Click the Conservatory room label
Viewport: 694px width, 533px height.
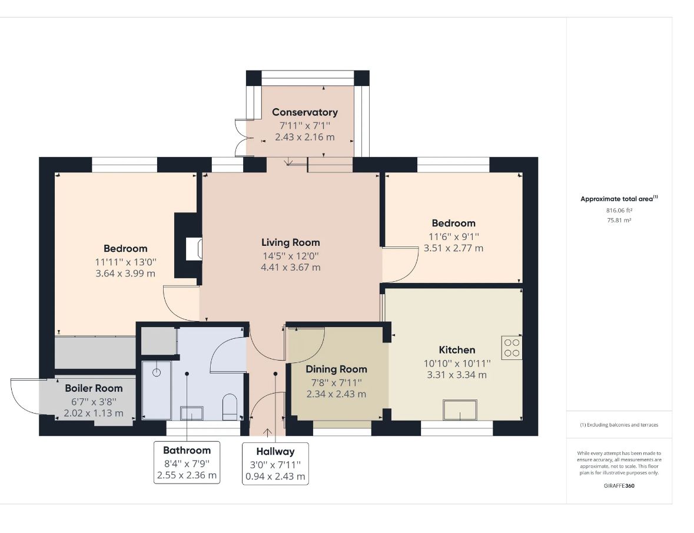click(x=304, y=112)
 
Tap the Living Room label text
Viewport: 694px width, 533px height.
click(x=290, y=242)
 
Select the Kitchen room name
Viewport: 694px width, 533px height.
click(x=457, y=350)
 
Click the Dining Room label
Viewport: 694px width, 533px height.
click(x=336, y=369)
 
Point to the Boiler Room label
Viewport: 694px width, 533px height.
click(x=94, y=388)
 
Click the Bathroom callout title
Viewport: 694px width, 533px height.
click(x=187, y=450)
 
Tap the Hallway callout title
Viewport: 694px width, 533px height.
click(x=275, y=452)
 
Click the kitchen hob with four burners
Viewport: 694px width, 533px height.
click(x=512, y=348)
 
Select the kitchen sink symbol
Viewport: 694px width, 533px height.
click(x=460, y=410)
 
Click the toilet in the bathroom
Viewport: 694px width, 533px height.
click(x=230, y=407)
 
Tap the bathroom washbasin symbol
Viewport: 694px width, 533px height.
click(x=192, y=413)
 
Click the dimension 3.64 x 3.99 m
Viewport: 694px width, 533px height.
click(x=125, y=274)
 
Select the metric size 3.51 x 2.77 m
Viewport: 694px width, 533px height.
click(x=454, y=248)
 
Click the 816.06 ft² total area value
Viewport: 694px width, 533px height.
click(x=619, y=211)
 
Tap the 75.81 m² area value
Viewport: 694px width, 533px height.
click(x=619, y=220)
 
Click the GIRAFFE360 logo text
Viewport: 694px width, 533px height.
click(x=619, y=486)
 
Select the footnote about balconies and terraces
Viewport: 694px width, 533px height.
click(x=619, y=425)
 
